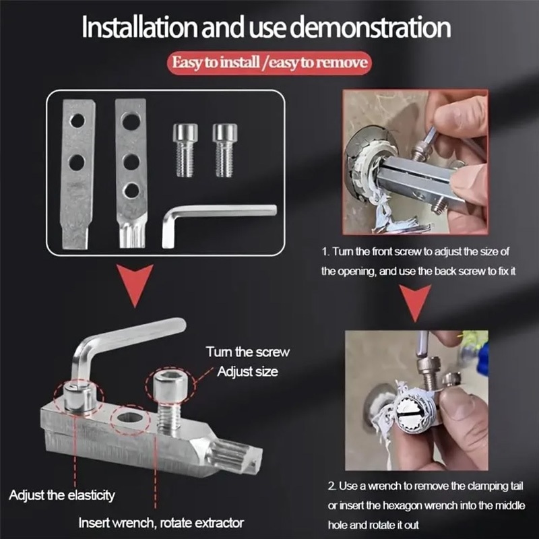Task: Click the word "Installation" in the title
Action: click(139, 28)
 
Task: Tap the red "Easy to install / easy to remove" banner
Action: click(269, 63)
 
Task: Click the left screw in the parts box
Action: click(185, 150)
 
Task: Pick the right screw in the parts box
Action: click(225, 150)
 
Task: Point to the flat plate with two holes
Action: click(77, 174)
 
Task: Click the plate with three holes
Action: click(131, 173)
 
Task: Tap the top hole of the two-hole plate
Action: click(77, 121)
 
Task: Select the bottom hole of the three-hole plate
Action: click(131, 191)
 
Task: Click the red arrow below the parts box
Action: click(135, 283)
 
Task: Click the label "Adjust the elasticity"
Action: click(62, 495)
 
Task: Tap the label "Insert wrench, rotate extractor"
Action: click(161, 523)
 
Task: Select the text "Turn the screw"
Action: click(247, 352)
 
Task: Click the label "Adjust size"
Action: click(247, 372)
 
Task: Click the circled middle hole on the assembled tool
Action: click(130, 418)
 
